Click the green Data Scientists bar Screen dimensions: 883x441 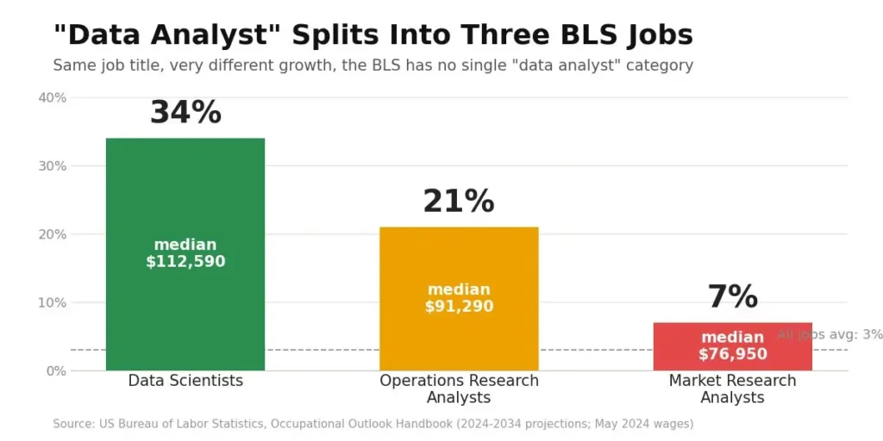point(185,254)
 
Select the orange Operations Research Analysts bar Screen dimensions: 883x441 point(459,299)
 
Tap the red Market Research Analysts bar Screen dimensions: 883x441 point(733,346)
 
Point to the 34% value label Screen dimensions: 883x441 point(185,113)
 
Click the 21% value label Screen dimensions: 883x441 point(459,202)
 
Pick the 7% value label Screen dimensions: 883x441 point(733,297)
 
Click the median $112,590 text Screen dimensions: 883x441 point(185,253)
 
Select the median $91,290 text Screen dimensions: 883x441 point(459,298)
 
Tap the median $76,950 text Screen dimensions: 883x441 point(733,345)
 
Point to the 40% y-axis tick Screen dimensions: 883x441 point(53,98)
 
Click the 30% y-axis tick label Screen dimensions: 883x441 point(53,166)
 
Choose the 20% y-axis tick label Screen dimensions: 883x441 point(53,234)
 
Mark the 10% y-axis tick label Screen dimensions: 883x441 point(53,302)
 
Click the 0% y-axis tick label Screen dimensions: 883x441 point(56,370)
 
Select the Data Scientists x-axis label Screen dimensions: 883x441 point(185,381)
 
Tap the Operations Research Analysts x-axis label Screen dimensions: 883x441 point(459,388)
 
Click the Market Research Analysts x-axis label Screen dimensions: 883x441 point(733,388)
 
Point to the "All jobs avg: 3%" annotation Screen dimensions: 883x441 point(830,334)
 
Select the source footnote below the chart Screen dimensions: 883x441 point(373,424)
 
